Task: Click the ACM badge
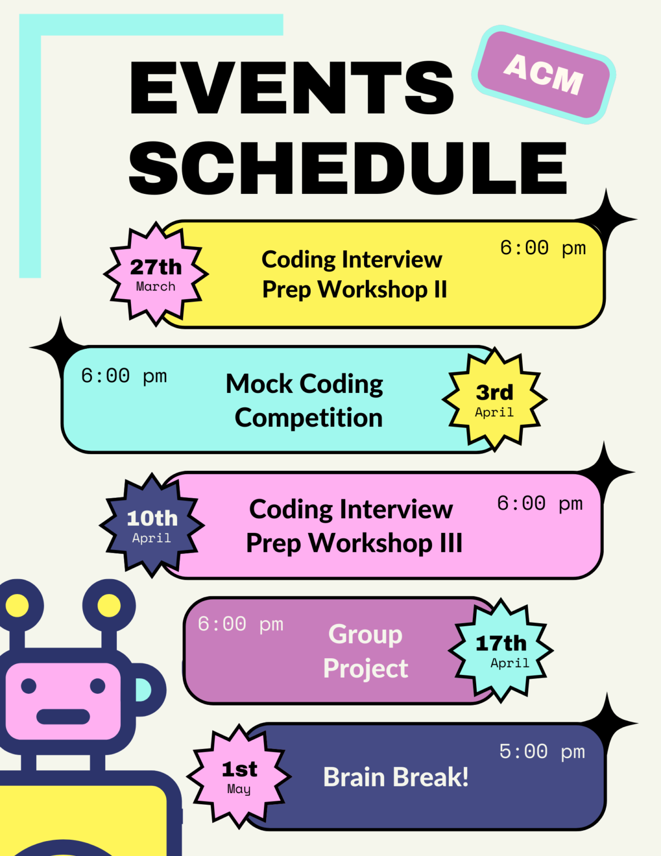tap(544, 74)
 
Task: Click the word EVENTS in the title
tap(292, 87)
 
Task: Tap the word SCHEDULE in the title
tap(348, 168)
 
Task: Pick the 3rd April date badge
tap(494, 400)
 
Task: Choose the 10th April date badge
tap(152, 526)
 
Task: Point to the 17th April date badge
tap(501, 650)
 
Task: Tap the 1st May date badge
tap(239, 776)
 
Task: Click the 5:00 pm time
tap(542, 752)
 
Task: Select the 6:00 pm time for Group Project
tap(241, 624)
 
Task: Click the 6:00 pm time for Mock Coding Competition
tap(124, 376)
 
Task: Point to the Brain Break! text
tap(396, 777)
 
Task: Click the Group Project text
tap(365, 651)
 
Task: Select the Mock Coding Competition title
tap(305, 401)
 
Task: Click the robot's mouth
tap(63, 717)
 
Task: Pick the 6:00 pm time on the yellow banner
tap(543, 248)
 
